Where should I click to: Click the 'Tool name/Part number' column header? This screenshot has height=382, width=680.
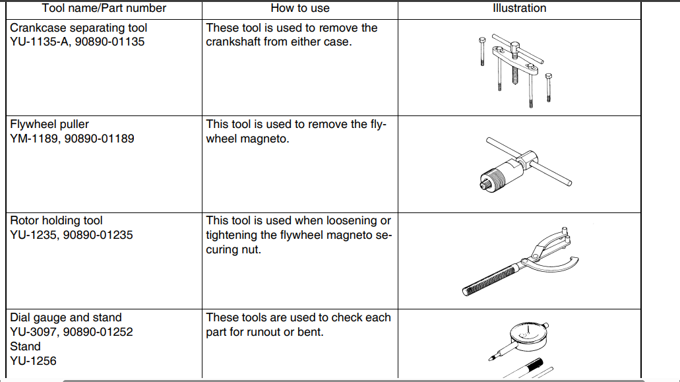104,9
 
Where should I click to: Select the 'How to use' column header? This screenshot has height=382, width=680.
300,9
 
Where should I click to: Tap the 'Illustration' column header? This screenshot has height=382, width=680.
520,9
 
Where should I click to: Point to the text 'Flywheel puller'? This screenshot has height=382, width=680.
49,124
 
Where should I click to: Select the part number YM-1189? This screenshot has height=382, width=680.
34,139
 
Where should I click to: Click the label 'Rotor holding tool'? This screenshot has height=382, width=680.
57,220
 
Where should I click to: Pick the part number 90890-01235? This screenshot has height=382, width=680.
101,235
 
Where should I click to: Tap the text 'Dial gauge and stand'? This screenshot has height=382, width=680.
66,317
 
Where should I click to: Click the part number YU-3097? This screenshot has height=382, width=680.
34,332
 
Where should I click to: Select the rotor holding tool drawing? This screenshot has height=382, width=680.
521,260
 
